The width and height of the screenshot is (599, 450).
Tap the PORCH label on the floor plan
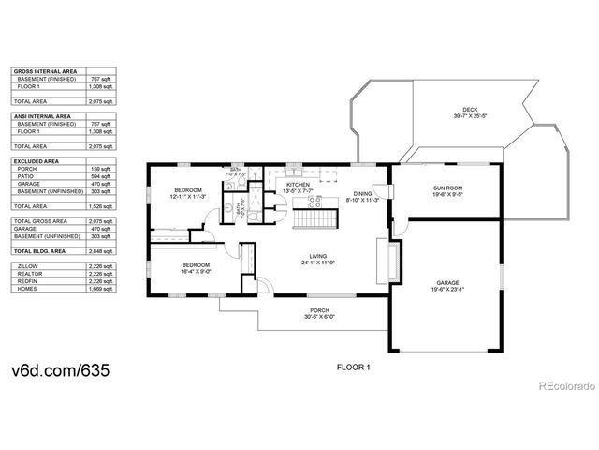(x=319, y=312)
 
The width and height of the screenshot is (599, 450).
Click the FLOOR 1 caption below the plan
(x=354, y=367)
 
